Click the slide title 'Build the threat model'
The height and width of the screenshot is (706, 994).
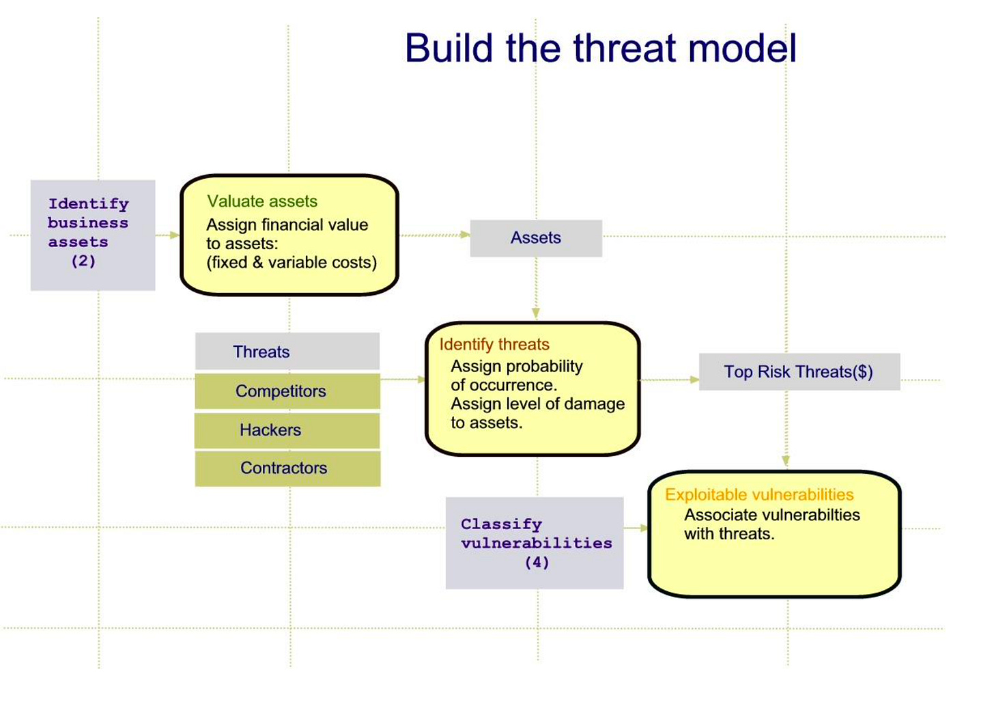pos(601,48)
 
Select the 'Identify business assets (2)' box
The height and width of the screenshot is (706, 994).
pos(93,235)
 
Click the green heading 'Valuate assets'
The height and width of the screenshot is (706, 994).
pos(262,201)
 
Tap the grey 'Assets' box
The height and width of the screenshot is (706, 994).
pos(536,238)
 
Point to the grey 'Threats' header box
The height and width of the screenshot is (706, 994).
pos(287,351)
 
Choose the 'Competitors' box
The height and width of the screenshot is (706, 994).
pos(287,391)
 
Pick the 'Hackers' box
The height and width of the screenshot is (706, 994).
pos(287,430)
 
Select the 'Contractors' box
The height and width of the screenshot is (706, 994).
pos(287,468)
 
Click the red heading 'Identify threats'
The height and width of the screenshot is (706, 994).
pos(494,344)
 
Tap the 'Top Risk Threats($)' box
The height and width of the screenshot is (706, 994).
pos(799,372)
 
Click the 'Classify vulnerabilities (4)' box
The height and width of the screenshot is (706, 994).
pos(535,543)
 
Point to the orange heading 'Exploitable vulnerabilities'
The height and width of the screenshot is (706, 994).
pos(759,494)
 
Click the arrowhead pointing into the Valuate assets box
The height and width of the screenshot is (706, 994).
pos(175,235)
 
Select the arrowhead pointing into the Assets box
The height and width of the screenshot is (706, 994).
pos(465,234)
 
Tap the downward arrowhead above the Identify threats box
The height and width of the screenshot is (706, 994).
pos(536,313)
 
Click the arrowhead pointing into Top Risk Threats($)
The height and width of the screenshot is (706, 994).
pos(694,380)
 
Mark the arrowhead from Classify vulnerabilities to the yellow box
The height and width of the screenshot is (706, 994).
pos(644,528)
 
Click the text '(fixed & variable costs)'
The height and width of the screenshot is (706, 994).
pos(292,262)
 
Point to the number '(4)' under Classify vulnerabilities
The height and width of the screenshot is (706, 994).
pos(537,563)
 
